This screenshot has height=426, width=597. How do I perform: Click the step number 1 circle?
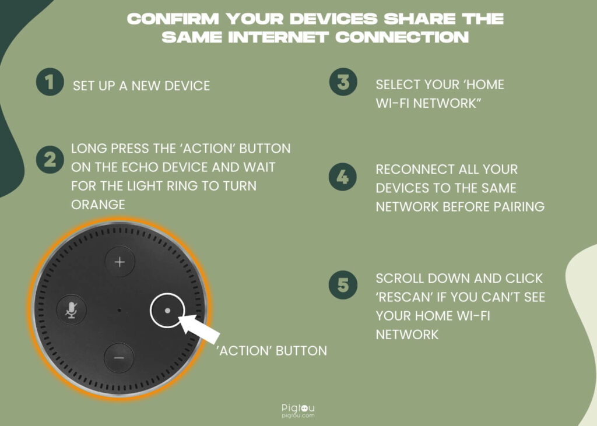[x=50, y=82]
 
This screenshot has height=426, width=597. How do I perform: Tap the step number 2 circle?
[x=50, y=160]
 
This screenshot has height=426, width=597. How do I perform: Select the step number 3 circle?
[x=343, y=82]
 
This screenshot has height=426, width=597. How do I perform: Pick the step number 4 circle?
[x=343, y=177]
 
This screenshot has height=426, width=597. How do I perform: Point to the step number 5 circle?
[x=343, y=285]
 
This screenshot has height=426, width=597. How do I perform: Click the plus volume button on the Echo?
[x=120, y=262]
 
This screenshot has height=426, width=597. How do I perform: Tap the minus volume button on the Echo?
[x=119, y=358]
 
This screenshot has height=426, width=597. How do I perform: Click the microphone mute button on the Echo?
[x=71, y=310]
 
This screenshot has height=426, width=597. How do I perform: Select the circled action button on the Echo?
[x=167, y=310]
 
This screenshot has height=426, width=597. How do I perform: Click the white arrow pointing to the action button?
[x=199, y=328]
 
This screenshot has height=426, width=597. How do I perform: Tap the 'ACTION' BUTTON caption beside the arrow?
[x=272, y=351]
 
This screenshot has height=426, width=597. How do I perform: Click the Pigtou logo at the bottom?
[x=298, y=411]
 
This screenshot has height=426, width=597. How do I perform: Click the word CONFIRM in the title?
[x=173, y=19]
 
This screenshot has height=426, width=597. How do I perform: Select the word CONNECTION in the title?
[x=402, y=37]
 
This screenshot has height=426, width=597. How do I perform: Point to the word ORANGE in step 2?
[x=98, y=205]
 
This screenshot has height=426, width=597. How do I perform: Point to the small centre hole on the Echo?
[x=119, y=310]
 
